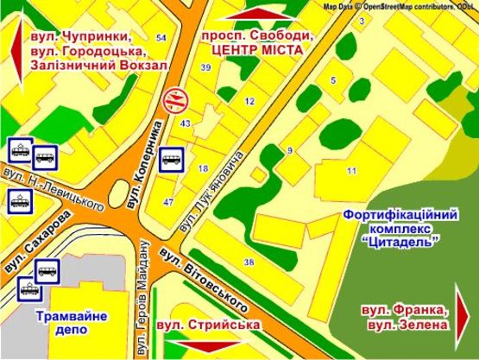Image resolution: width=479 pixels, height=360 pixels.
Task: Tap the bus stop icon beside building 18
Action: (x=171, y=161)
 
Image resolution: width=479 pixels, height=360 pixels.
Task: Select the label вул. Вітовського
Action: (x=205, y=279)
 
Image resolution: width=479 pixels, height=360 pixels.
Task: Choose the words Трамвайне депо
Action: (x=72, y=324)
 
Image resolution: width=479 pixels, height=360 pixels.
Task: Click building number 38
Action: (x=249, y=262)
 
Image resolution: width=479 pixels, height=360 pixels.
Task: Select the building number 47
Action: (x=168, y=201)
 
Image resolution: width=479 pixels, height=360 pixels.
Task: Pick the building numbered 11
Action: (x=351, y=171)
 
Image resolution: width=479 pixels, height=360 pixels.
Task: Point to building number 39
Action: (x=205, y=66)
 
